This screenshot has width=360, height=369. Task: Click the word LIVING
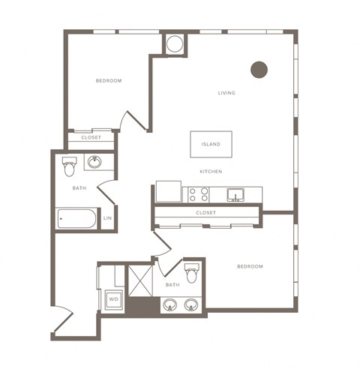point(226,93)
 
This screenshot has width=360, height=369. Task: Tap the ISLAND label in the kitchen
point(211,144)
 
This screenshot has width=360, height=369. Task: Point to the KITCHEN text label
point(211,172)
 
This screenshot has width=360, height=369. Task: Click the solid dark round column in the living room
point(259,70)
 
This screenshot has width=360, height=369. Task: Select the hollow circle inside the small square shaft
point(175,43)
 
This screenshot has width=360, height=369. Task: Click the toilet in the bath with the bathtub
point(69,166)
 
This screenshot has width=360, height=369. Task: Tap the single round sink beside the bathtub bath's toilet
point(94,162)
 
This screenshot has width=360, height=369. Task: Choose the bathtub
point(76,219)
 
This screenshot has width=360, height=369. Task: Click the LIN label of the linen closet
point(107,218)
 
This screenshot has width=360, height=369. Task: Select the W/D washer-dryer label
point(113,299)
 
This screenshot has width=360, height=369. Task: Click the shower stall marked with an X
point(140,281)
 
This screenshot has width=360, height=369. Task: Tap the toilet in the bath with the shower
point(192,273)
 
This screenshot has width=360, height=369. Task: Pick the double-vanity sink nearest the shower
point(170,305)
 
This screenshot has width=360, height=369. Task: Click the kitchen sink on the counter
point(235,195)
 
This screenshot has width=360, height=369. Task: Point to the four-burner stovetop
point(199,195)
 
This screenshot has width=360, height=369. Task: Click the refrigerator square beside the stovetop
point(169,191)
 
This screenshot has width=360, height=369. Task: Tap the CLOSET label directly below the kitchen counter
point(205,213)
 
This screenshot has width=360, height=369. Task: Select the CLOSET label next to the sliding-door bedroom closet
point(91,137)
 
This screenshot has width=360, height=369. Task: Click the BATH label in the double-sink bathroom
point(172,285)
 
